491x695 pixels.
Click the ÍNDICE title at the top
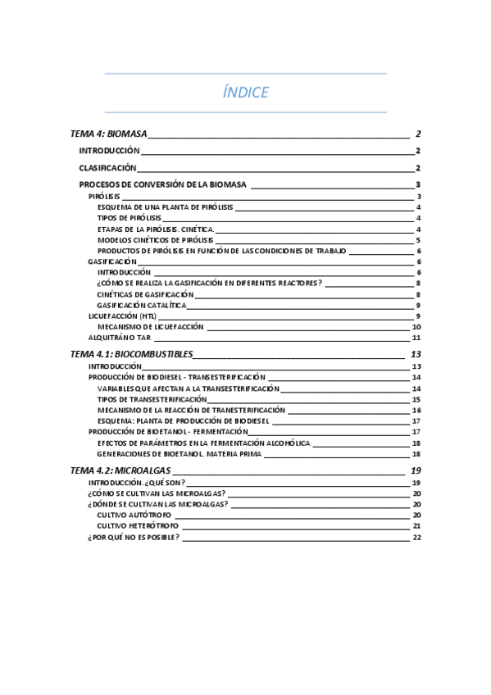tap(245, 93)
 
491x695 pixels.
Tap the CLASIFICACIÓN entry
tap(107, 168)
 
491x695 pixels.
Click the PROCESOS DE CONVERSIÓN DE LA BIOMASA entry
tap(162, 185)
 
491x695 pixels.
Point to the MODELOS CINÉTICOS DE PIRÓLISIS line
tap(155, 240)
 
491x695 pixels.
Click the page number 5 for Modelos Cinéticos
tap(418, 240)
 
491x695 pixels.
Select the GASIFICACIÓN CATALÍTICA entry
tap(141, 305)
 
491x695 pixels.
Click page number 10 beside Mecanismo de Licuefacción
tap(416, 326)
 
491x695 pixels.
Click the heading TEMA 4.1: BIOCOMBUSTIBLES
tap(132, 354)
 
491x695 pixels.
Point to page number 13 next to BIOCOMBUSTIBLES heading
tap(416, 354)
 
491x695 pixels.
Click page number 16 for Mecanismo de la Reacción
tap(416, 410)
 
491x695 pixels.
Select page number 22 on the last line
tap(416, 538)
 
